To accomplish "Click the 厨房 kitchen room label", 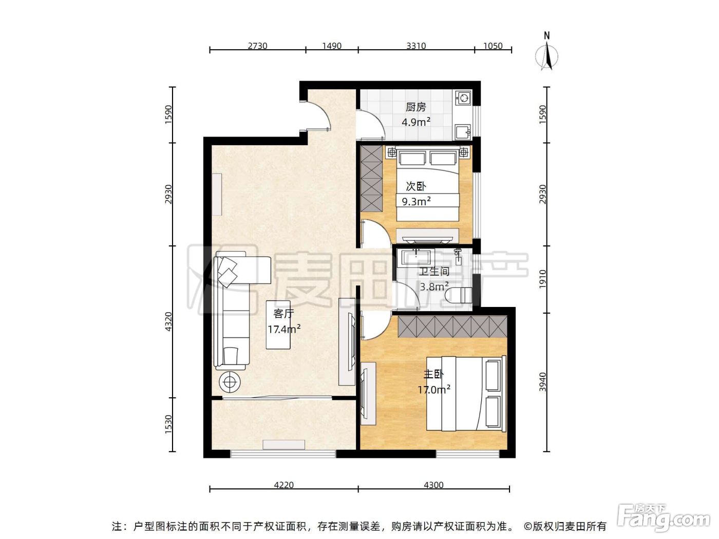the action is click(x=415, y=107).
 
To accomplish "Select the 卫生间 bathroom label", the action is click(x=434, y=272).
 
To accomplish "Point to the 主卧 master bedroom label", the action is click(x=433, y=374).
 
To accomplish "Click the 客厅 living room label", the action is click(x=283, y=314).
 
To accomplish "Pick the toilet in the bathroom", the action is click(x=459, y=295).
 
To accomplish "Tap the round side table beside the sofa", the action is click(x=230, y=381).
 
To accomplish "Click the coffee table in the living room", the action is click(x=278, y=324).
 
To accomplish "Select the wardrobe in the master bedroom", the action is click(x=452, y=326).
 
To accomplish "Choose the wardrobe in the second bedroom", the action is click(x=372, y=179).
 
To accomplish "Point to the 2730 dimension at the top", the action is click(x=257, y=46).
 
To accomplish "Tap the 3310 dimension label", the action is click(x=416, y=46).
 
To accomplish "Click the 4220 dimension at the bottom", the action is click(x=283, y=485).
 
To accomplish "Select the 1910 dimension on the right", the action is click(x=543, y=279).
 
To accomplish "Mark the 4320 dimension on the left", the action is click(x=168, y=322).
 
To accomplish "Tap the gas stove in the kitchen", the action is click(x=464, y=98).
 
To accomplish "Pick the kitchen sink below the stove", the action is click(x=463, y=132).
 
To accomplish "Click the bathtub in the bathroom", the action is click(x=415, y=257).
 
